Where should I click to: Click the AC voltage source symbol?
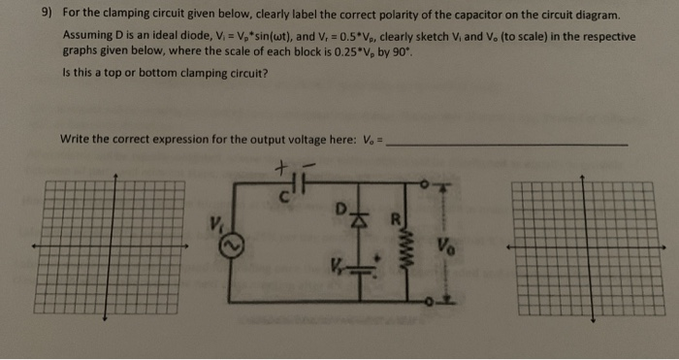coord(231,248)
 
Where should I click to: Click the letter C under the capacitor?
coord(287,198)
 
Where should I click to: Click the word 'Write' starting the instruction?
coord(77,139)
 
